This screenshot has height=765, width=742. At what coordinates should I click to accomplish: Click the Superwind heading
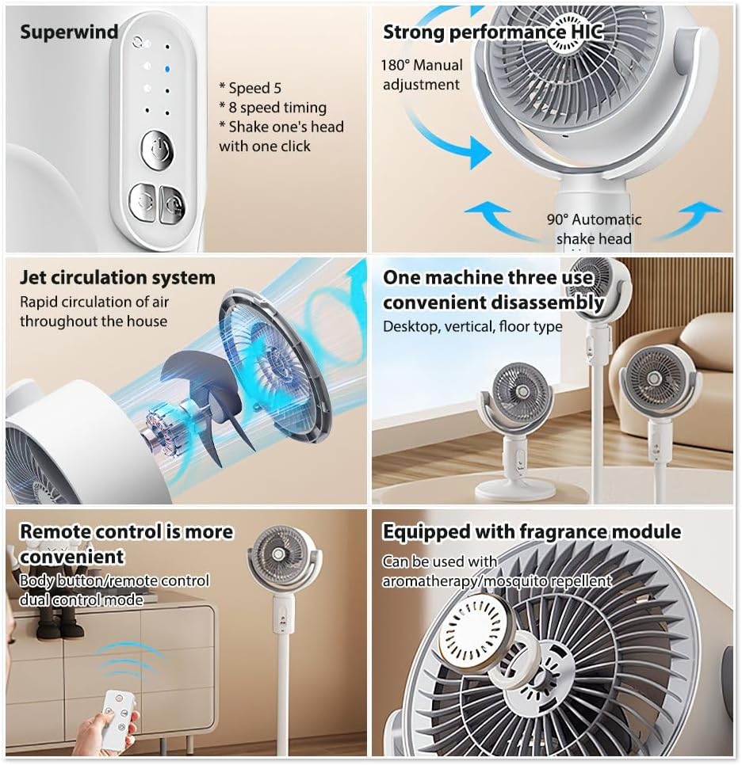pyautogui.click(x=69, y=32)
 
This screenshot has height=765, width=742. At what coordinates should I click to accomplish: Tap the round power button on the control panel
pyautogui.click(x=157, y=150)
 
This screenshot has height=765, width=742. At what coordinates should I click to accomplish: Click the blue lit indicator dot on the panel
pyautogui.click(x=166, y=69)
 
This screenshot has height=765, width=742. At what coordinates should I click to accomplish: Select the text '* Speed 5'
pyautogui.click(x=250, y=88)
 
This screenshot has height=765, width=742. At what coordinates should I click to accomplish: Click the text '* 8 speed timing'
pyautogui.click(x=273, y=108)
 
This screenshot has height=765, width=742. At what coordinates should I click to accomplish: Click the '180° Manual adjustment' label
pyautogui.click(x=421, y=75)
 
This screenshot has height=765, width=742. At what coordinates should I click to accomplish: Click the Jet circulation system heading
pyautogui.click(x=117, y=278)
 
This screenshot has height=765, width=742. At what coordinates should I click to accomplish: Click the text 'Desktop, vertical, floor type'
pyautogui.click(x=472, y=326)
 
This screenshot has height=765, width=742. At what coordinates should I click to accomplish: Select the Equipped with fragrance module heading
pyautogui.click(x=531, y=531)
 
